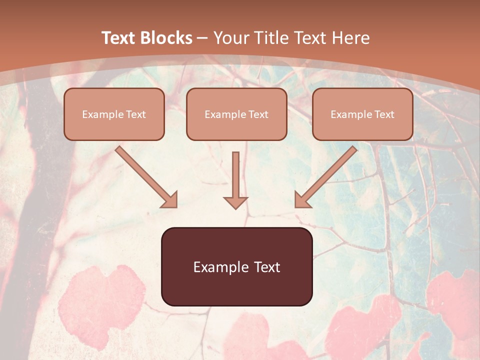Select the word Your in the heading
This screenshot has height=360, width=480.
tap(231, 38)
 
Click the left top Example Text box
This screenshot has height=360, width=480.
tap(114, 114)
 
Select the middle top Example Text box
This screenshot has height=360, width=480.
tap(236, 114)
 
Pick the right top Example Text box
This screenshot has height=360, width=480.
tap(362, 114)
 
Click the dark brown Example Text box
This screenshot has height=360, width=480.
tap(236, 266)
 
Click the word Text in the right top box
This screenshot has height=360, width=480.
tap(384, 114)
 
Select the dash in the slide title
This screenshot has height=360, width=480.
tap(202, 38)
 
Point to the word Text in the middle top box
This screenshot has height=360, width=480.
tap(258, 114)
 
